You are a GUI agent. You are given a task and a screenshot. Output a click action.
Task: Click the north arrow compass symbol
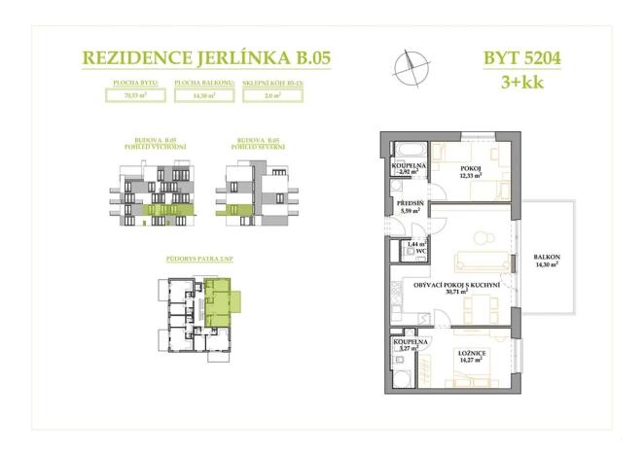pyautogui.click(x=410, y=68)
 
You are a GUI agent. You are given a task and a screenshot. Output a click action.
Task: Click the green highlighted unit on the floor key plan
pyautogui.click(x=220, y=297)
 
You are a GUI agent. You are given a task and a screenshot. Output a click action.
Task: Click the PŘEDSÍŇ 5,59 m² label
pyautogui.click(x=410, y=208)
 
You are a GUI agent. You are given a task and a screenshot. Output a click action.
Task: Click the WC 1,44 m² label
pyautogui.click(x=418, y=247)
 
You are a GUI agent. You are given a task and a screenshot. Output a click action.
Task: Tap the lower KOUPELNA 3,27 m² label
pyautogui.click(x=406, y=345)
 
